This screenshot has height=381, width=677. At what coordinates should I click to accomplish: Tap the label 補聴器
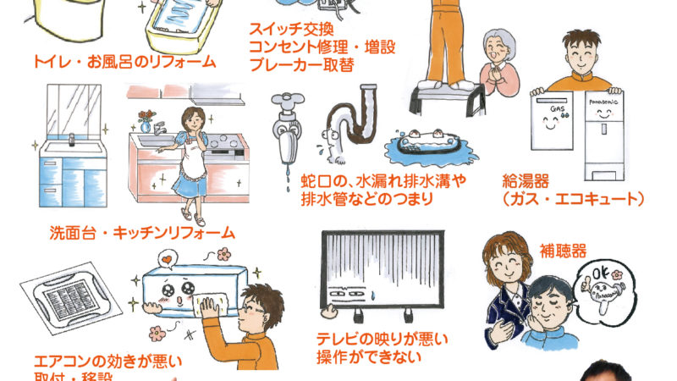click(563, 251)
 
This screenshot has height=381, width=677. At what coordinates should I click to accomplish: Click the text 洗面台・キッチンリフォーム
click(141, 231)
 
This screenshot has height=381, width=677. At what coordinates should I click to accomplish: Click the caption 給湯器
click(526, 180)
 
